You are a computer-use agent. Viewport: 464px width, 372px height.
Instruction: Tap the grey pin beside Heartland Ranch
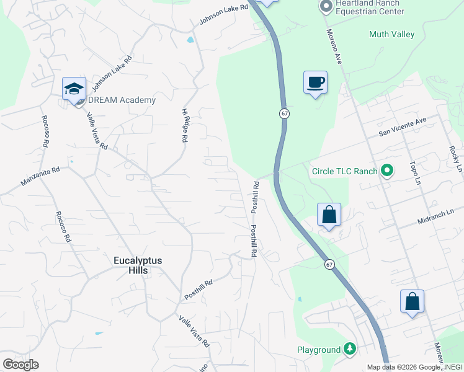tap(326, 7)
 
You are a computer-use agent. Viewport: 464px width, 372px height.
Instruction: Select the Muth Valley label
tap(391, 35)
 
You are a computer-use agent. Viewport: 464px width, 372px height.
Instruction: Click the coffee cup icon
tap(315, 81)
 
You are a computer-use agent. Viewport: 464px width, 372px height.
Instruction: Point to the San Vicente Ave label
tap(403, 128)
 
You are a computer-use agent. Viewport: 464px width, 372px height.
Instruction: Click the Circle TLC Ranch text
tap(344, 171)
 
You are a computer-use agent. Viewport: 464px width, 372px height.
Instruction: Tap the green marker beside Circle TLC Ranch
tap(388, 170)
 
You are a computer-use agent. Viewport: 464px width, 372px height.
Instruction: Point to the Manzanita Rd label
tap(39, 177)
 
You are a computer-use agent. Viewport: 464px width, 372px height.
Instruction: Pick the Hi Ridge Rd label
tap(184, 126)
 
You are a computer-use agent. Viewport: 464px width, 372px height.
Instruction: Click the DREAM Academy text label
tap(122, 100)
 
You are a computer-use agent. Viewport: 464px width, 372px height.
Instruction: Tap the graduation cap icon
tap(74, 89)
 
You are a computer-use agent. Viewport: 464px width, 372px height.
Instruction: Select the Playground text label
tap(318, 350)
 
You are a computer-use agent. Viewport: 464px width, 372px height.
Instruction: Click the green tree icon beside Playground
tap(350, 350)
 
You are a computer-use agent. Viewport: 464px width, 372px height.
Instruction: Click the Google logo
tap(20, 365)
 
